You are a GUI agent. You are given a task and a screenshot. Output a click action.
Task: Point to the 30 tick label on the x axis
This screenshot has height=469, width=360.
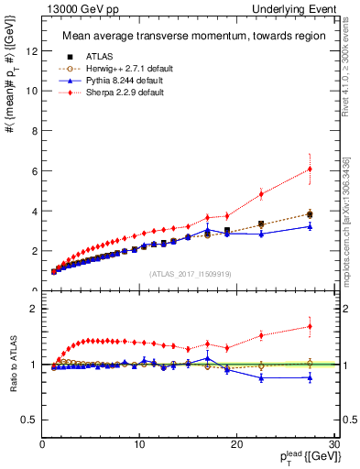click(x=334, y=444)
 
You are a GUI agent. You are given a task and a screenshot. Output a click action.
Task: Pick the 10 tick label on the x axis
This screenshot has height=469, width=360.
click(x=139, y=444)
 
